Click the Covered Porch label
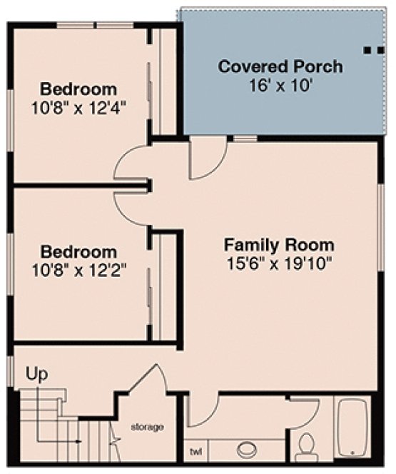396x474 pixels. [x=280, y=67]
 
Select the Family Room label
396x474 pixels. [x=279, y=244]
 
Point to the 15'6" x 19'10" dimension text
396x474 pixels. [x=279, y=262]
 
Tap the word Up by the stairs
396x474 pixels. [x=36, y=373]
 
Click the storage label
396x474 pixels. [x=147, y=427]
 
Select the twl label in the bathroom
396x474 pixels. [x=196, y=451]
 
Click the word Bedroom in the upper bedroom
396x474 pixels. [x=78, y=90]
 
